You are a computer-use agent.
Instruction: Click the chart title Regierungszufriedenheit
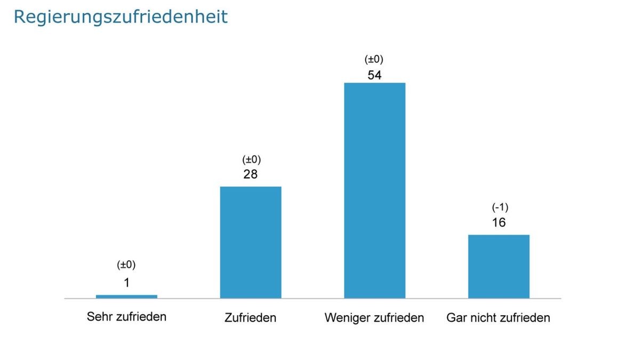click(121, 17)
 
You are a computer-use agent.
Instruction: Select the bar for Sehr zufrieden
click(126, 296)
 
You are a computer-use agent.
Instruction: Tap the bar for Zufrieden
click(251, 242)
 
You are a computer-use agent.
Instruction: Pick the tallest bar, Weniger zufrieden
click(374, 190)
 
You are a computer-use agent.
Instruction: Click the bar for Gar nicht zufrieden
click(499, 266)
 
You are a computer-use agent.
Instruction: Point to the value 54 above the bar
click(374, 75)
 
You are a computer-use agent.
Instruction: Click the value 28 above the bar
click(251, 174)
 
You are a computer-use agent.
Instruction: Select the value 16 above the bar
click(499, 222)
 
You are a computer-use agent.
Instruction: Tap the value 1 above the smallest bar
click(126, 283)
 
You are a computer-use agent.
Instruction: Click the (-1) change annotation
click(499, 207)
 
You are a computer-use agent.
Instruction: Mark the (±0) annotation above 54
click(374, 59)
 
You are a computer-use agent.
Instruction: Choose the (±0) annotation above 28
click(251, 159)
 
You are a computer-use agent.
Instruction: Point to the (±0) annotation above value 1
click(126, 265)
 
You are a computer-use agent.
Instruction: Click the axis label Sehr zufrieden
click(126, 317)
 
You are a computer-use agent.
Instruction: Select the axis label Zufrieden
click(251, 318)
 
